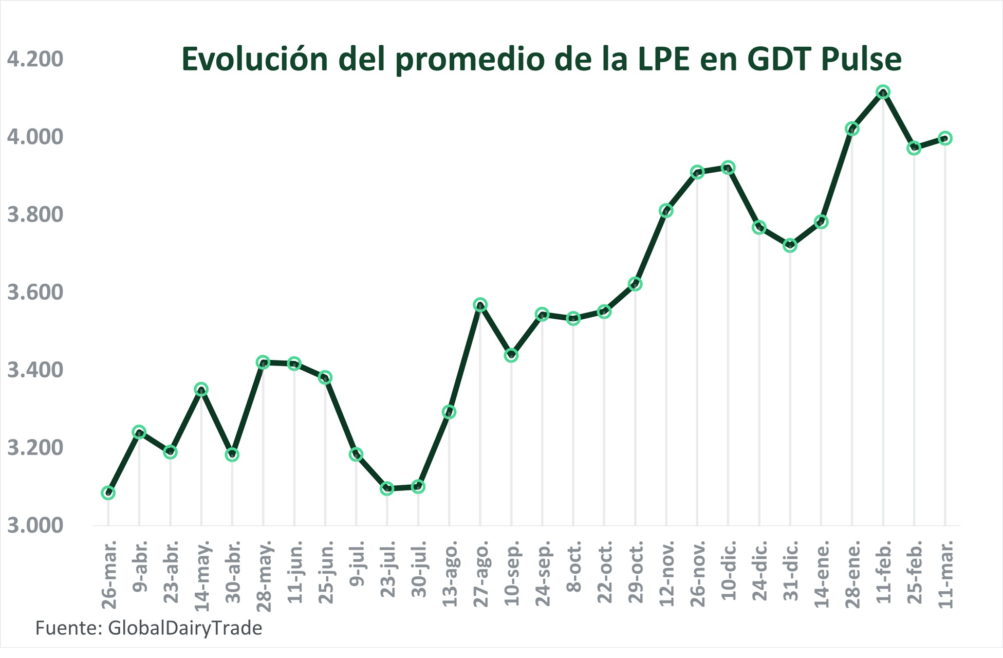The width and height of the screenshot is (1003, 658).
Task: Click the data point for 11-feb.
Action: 883,93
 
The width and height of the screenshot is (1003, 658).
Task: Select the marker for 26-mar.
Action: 108,492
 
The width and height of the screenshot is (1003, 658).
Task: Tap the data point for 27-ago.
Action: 480,304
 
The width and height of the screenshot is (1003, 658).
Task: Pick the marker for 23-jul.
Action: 387,488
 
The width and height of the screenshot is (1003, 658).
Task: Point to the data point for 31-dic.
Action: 790,246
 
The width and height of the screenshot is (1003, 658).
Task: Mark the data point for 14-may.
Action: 201,389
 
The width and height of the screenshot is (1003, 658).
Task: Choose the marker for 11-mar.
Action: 945,138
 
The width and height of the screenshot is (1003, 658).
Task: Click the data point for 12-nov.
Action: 666,210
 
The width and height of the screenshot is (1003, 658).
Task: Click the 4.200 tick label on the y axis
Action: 35,59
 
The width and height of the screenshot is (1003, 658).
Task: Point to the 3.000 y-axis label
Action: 35,525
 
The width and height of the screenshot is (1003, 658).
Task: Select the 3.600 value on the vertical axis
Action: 35,292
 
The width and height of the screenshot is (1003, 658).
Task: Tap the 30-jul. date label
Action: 419,569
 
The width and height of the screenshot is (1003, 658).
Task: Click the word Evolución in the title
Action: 254,59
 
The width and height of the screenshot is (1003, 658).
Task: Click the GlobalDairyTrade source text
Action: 185,628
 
